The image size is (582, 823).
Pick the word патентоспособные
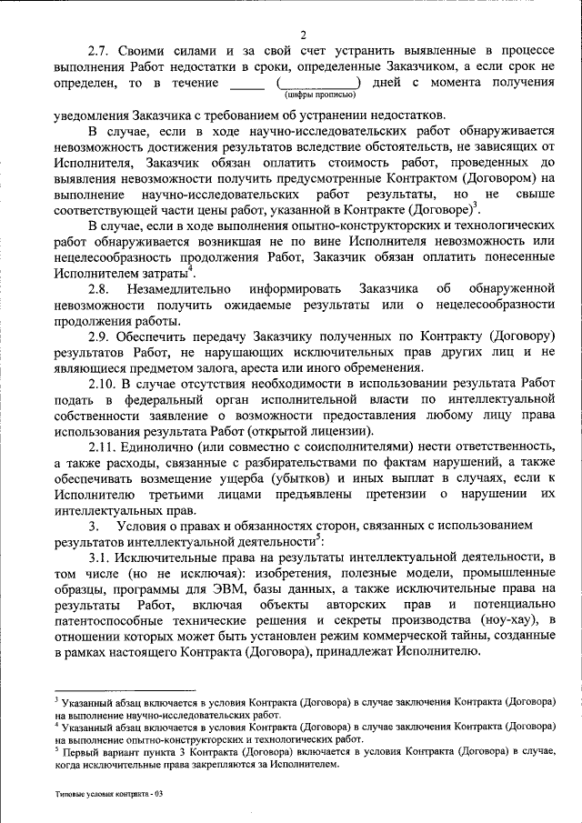tap(113, 620)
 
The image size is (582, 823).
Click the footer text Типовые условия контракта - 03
tap(108, 794)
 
